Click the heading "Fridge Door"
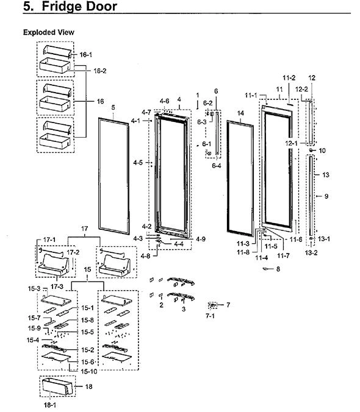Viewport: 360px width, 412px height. (79, 6)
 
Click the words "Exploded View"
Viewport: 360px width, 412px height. (49, 32)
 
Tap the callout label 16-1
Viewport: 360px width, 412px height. (86, 55)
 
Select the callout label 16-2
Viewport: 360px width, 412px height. (100, 71)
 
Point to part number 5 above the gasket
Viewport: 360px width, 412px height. (113, 107)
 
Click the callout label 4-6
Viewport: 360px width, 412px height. (165, 101)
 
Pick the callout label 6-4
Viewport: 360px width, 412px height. (217, 166)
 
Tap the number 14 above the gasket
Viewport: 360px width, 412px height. (240, 113)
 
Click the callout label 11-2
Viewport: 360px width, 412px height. (289, 78)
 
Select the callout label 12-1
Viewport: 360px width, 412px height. (291, 143)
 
